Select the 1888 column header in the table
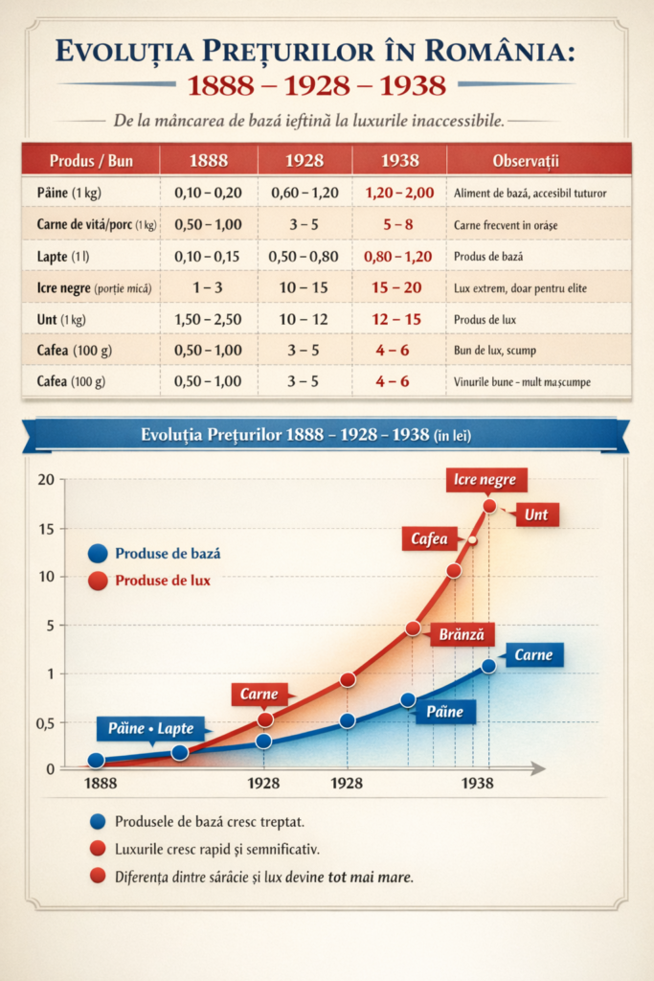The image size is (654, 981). pyautogui.click(x=208, y=159)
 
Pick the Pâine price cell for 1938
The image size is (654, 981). pyautogui.click(x=398, y=193)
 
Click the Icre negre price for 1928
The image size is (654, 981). pyautogui.click(x=304, y=286)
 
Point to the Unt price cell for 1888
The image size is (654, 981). pyautogui.click(x=208, y=318)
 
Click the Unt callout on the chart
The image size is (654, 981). pyautogui.click(x=536, y=515)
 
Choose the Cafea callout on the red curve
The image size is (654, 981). pyautogui.click(x=429, y=539)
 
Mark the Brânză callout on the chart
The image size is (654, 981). pyautogui.click(x=462, y=633)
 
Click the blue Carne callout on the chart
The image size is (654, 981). pyautogui.click(x=533, y=655)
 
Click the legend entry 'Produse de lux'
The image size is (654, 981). pyautogui.click(x=163, y=580)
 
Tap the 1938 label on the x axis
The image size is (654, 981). pyautogui.click(x=478, y=783)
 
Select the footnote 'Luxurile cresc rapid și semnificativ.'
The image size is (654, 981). pyautogui.click(x=216, y=849)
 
